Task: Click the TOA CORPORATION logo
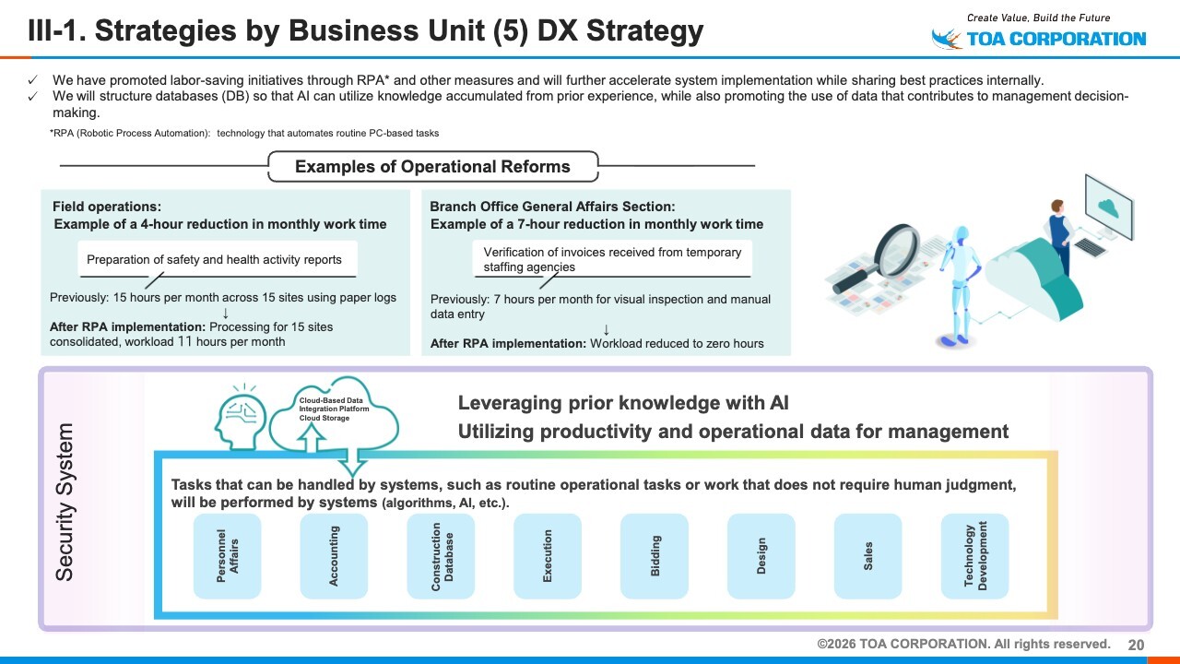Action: [1039, 38]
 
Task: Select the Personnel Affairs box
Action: [227, 556]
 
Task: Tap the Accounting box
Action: [334, 556]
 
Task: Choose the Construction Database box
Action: [441, 556]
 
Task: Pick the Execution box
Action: [548, 556]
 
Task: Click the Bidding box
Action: [655, 556]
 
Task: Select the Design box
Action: [761, 556]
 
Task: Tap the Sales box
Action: [868, 556]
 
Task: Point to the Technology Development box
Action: [975, 556]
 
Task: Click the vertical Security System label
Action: [65, 503]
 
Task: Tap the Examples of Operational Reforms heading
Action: [432, 167]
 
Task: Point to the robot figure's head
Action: [961, 235]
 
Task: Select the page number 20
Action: [1136, 645]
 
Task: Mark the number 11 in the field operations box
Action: [184, 341]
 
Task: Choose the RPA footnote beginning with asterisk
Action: [244, 133]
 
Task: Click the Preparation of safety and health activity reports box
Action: [214, 260]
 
